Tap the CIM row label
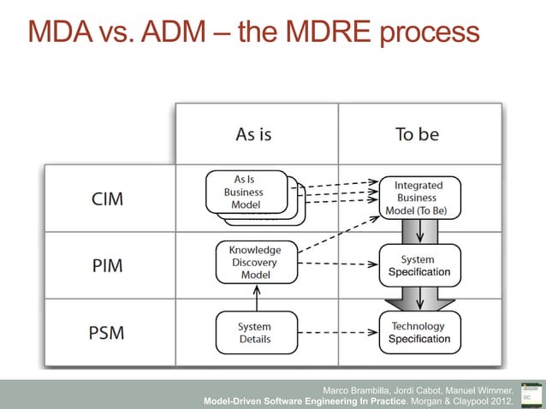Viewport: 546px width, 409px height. (x=107, y=199)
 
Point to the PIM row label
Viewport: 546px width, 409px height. (x=106, y=264)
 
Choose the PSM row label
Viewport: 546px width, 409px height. (x=106, y=332)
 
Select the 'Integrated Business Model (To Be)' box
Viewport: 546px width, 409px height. (x=419, y=198)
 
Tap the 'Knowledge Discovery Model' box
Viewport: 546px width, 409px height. (x=255, y=263)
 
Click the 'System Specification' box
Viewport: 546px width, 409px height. (x=419, y=265)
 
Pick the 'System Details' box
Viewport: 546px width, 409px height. (x=255, y=332)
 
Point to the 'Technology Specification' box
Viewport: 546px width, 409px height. (x=419, y=332)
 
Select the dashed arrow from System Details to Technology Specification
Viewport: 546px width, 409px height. (x=338, y=332)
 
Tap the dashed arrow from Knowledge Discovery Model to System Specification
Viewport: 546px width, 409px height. (x=338, y=264)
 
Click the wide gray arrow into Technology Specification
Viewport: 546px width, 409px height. (x=419, y=299)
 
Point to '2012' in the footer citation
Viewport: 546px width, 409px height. (x=499, y=400)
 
